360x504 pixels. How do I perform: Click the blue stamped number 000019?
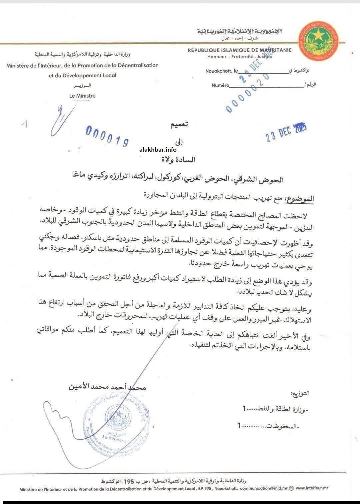pyautogui.click(x=107, y=137)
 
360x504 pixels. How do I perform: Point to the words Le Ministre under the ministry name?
pyautogui.click(x=82, y=96)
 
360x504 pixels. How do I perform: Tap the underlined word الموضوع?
pyautogui.click(x=300, y=199)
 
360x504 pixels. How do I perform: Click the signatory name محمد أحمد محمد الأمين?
pyautogui.click(x=107, y=388)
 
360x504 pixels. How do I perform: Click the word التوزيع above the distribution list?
pyautogui.click(x=301, y=394)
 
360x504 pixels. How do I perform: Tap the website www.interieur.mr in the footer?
pyautogui.click(x=312, y=488)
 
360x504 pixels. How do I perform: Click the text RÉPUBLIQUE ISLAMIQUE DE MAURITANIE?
pyautogui.click(x=239, y=50)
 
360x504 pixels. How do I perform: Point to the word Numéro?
pyautogui.click(x=220, y=85)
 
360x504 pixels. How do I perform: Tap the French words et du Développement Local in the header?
pyautogui.click(x=82, y=75)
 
